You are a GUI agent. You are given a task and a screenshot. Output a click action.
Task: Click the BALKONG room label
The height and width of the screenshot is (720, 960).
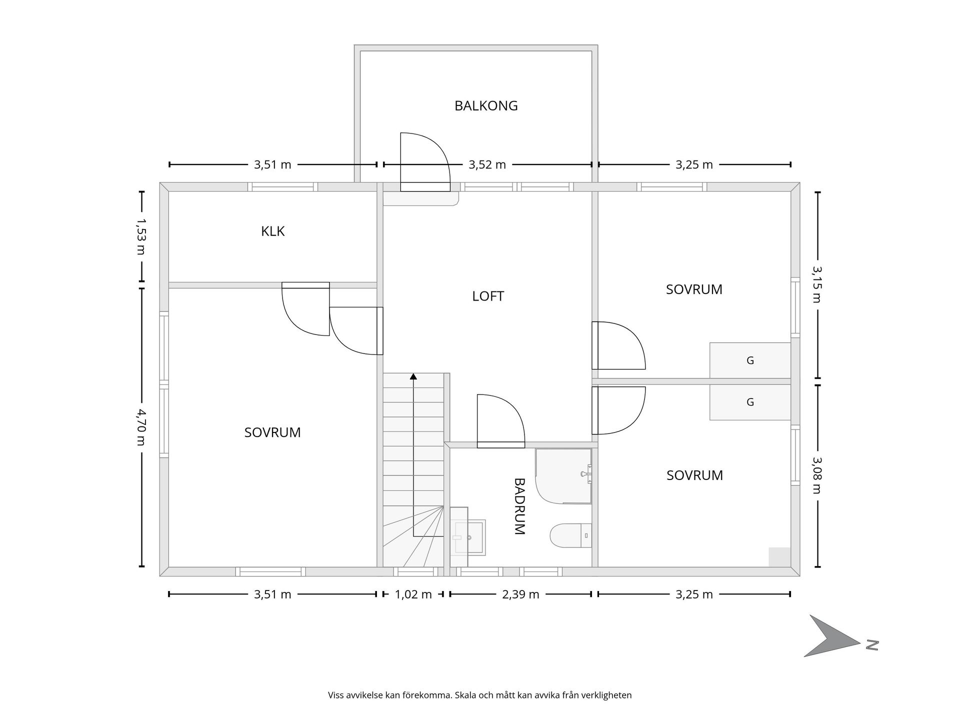coord(486,106)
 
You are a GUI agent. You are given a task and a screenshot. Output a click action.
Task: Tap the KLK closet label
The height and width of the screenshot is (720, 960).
coord(273,231)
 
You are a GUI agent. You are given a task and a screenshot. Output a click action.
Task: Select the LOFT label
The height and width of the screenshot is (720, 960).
coord(488,296)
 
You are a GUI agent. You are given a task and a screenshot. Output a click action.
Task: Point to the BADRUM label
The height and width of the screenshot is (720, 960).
coord(519,506)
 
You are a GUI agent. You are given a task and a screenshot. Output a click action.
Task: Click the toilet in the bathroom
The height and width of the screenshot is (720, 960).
coord(570,535)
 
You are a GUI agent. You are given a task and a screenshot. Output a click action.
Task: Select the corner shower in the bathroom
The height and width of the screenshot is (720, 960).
coord(563,476)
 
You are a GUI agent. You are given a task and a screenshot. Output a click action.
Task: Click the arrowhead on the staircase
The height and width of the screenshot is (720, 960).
coord(413,376)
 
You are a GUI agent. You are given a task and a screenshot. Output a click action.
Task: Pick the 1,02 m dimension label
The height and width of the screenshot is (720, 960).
coord(413,594)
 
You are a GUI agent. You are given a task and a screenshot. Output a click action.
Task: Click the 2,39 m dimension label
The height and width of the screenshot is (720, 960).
coord(520,594)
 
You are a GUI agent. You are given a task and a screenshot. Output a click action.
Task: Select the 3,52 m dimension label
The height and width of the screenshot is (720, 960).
coord(487,164)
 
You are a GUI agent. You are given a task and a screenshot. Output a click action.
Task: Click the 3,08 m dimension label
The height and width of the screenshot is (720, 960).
coord(817,475)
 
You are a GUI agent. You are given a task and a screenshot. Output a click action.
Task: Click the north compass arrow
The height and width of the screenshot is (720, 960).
coord(832,636)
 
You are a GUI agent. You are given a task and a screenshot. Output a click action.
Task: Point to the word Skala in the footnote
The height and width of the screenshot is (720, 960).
coord(465,695)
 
